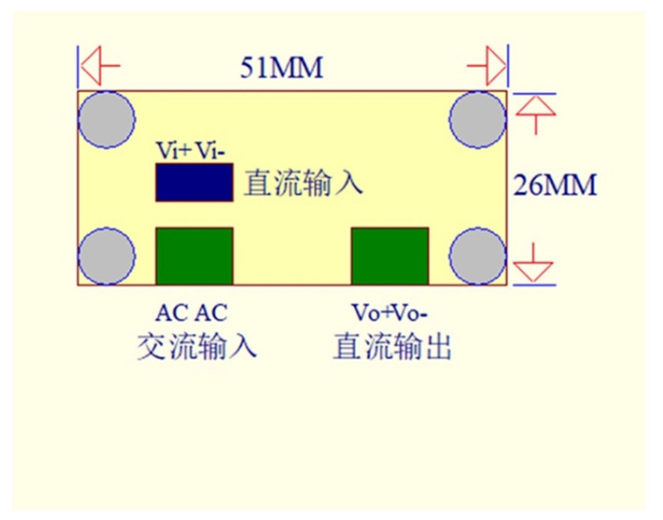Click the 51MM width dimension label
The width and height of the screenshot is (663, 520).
coord(282,67)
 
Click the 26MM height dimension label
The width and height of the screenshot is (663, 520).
coord(554,185)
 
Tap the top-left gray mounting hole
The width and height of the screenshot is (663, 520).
coord(107,120)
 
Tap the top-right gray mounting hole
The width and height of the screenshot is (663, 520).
coord(478,120)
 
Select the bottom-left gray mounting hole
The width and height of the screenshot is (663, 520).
coord(107,256)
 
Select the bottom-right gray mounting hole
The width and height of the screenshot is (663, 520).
coord(478,256)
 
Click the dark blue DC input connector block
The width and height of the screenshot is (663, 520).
coord(195,183)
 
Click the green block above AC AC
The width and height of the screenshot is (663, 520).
coord(195,256)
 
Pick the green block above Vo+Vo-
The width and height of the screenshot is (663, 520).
coord(390,256)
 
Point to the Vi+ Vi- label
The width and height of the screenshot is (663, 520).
coord(190,150)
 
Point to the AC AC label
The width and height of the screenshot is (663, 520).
coord(192,313)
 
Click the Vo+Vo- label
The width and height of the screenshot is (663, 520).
coord(390,313)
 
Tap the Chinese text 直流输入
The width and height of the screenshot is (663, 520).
coord(303,184)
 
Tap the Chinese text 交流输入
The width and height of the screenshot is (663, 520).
coord(197,346)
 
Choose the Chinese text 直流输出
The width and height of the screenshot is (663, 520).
coord(392,346)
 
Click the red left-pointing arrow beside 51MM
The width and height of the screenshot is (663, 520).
coord(100,66)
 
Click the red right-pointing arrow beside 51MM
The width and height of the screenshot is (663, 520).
coord(486,66)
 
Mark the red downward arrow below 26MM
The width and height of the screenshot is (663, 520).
coord(534,262)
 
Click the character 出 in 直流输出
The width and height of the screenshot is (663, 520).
coord(437,346)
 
